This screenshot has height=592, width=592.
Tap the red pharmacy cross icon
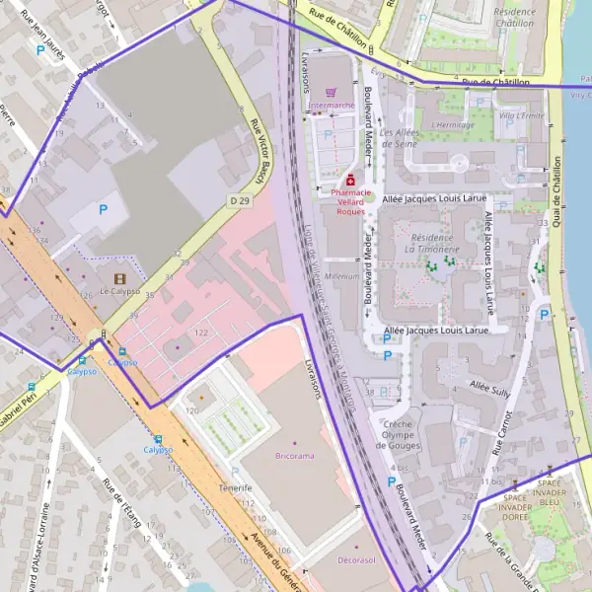click(x=350, y=180)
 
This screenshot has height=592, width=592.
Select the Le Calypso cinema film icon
click(x=119, y=278)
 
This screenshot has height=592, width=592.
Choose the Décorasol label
click(x=356, y=559)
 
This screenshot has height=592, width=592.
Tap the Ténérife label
click(x=236, y=488)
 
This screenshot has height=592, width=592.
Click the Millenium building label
click(x=341, y=276)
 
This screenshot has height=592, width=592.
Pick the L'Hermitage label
click(x=454, y=124)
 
